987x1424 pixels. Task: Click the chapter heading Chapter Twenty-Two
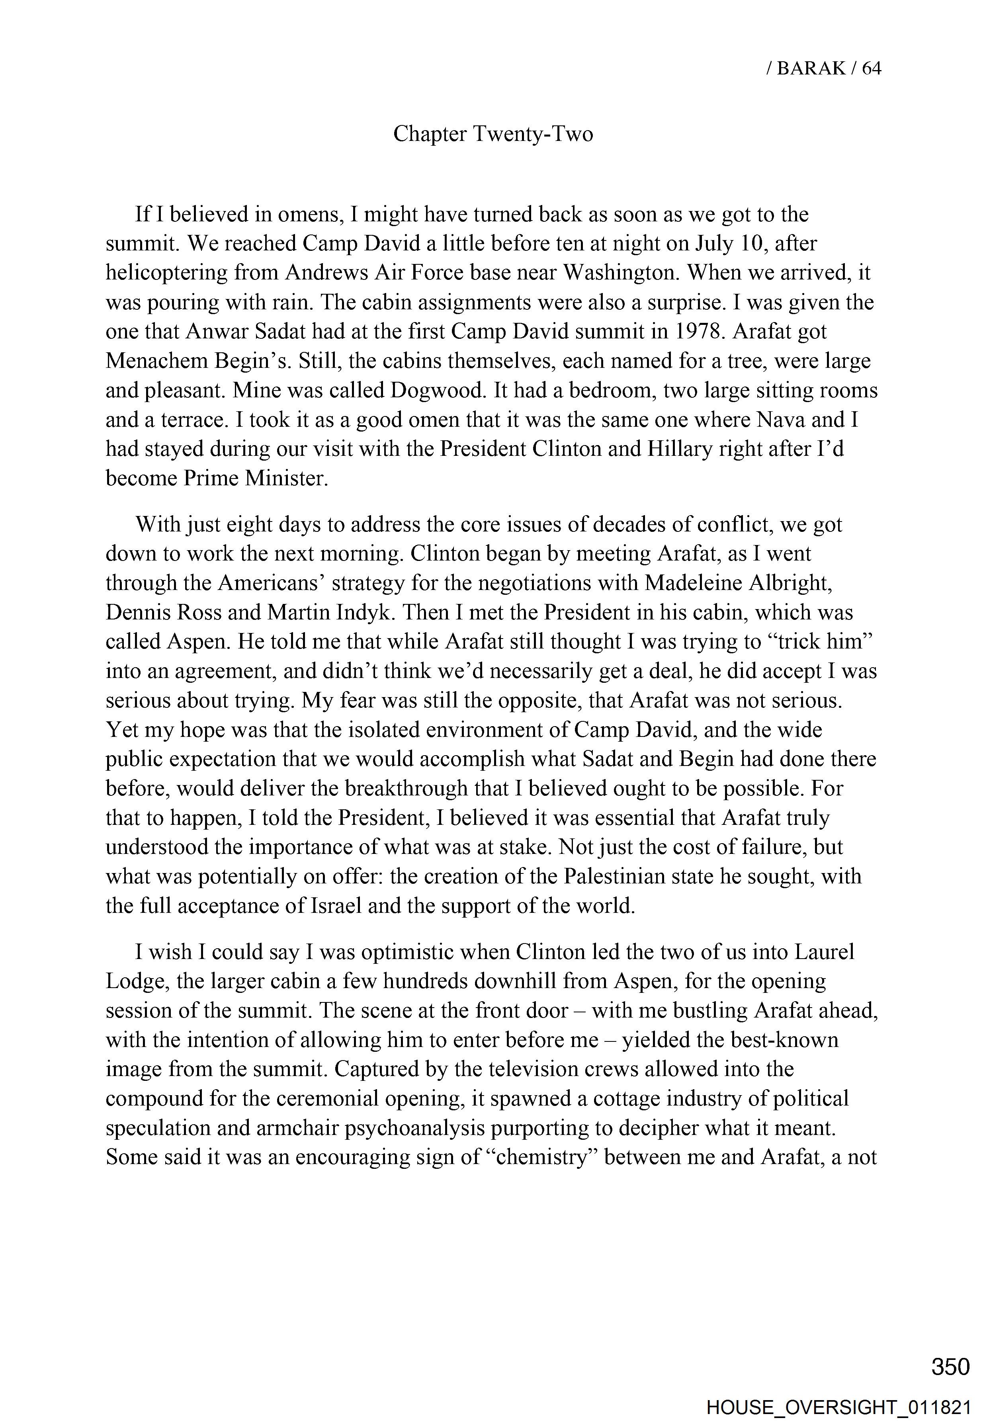tap(493, 134)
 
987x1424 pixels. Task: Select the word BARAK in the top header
tap(810, 68)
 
